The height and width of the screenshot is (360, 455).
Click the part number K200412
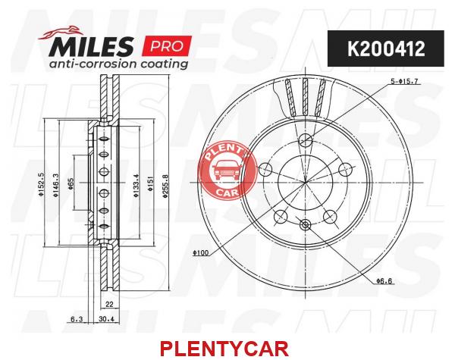click(x=386, y=49)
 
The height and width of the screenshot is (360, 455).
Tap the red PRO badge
click(x=167, y=45)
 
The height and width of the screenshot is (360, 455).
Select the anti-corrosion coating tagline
click(x=118, y=64)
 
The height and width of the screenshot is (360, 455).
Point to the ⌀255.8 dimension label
click(x=165, y=186)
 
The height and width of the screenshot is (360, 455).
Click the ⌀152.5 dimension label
click(x=41, y=185)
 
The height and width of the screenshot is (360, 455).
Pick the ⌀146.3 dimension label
click(x=56, y=186)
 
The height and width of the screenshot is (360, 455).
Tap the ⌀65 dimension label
click(x=71, y=184)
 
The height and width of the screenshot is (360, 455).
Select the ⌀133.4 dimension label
click(x=136, y=186)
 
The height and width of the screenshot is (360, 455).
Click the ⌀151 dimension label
click(x=150, y=184)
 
